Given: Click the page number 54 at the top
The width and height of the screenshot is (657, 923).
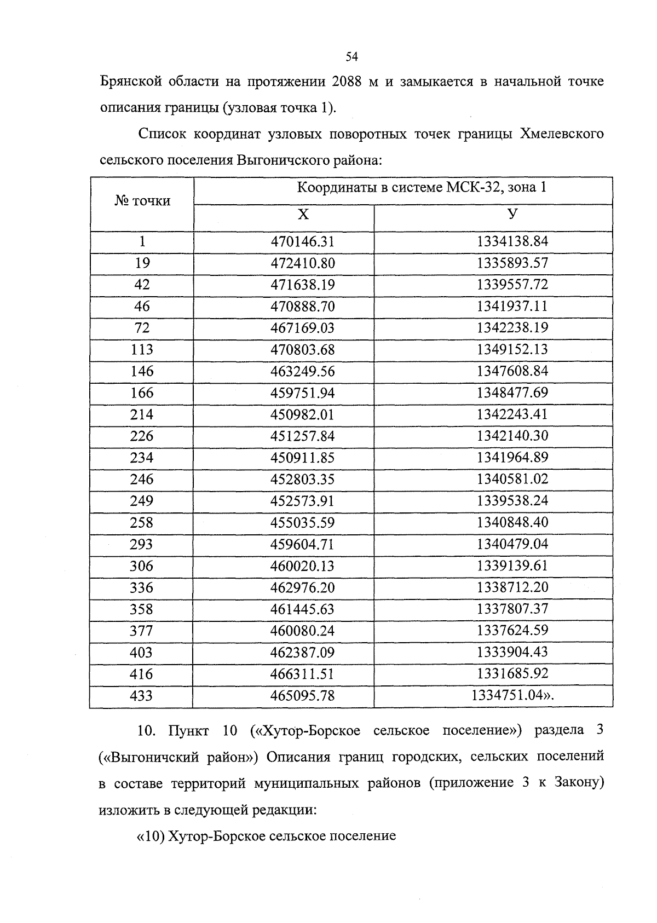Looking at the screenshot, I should coord(351,56).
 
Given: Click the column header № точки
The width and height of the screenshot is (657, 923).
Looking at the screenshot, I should coord(142,201).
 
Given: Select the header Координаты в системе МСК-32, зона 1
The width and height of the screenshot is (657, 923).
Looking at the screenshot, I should coord(422,188).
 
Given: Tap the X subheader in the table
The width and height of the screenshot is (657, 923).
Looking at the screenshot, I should coord(303,215).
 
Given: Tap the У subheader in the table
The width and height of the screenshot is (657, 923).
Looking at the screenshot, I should coord(512,214).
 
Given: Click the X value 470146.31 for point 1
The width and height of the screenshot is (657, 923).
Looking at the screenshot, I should coord(302,241).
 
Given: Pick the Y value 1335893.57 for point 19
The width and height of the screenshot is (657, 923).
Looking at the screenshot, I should coord(512,263).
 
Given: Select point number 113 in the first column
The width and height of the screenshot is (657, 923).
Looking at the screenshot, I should coord(142,349).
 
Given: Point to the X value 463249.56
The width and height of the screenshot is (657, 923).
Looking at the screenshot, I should coord(302,371).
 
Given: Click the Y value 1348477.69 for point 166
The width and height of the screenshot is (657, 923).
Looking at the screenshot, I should coord(512,393).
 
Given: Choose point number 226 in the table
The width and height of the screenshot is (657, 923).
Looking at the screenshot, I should coord(142,436).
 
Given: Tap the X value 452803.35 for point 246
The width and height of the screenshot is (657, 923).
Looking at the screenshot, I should coord(302,479).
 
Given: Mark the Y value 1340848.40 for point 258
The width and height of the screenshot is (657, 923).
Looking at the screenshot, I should coord(512,522).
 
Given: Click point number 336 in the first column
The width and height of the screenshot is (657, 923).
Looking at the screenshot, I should coord(142,587).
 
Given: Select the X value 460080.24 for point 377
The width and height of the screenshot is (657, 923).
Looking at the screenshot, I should coord(302,631).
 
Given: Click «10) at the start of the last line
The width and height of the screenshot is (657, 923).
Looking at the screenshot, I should coord(150,837).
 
